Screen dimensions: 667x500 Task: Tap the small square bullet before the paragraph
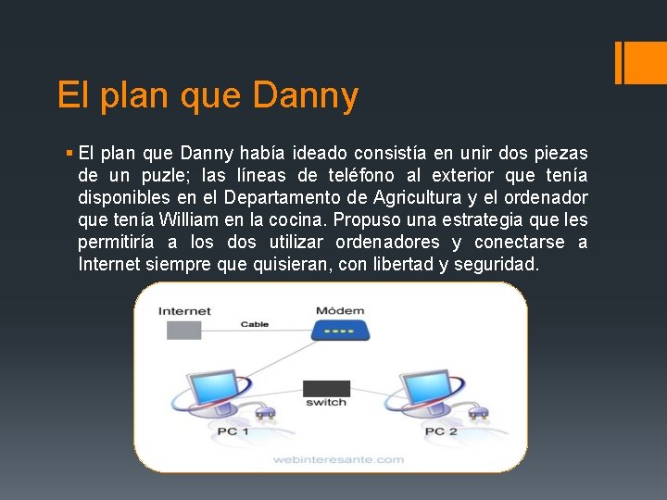coord(70,153)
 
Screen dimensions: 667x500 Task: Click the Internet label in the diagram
coord(184,311)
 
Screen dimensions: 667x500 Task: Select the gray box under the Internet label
coord(181,331)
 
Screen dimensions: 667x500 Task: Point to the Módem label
coord(340,311)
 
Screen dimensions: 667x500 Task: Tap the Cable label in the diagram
coord(254,324)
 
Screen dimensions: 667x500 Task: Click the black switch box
coord(327,389)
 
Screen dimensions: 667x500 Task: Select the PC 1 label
coord(232,432)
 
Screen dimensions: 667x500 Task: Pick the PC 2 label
coord(441,432)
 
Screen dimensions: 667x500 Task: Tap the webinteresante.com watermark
coord(337,458)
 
